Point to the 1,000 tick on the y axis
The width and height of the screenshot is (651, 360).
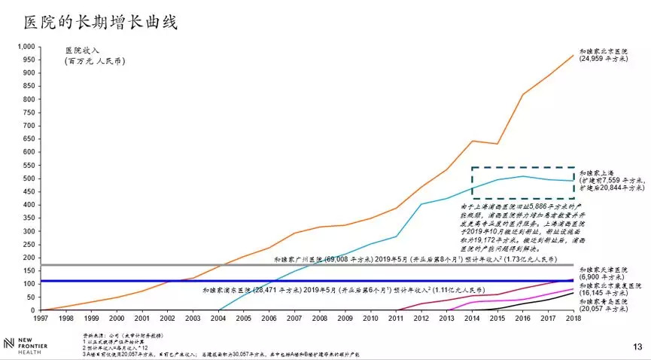(25, 47)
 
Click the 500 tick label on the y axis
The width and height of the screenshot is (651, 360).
(28, 178)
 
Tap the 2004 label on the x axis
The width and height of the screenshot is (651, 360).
(218, 319)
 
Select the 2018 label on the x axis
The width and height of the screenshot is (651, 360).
(573, 319)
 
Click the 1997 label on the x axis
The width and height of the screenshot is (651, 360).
(41, 319)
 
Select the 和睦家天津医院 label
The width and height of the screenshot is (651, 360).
(604, 273)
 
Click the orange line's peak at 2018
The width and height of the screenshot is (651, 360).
(573, 55)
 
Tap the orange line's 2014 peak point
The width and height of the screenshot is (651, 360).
(472, 141)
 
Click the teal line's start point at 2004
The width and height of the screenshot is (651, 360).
(218, 310)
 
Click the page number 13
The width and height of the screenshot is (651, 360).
(637, 347)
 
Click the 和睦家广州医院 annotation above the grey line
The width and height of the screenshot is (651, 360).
(414, 258)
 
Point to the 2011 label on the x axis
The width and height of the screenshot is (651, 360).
(396, 319)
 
